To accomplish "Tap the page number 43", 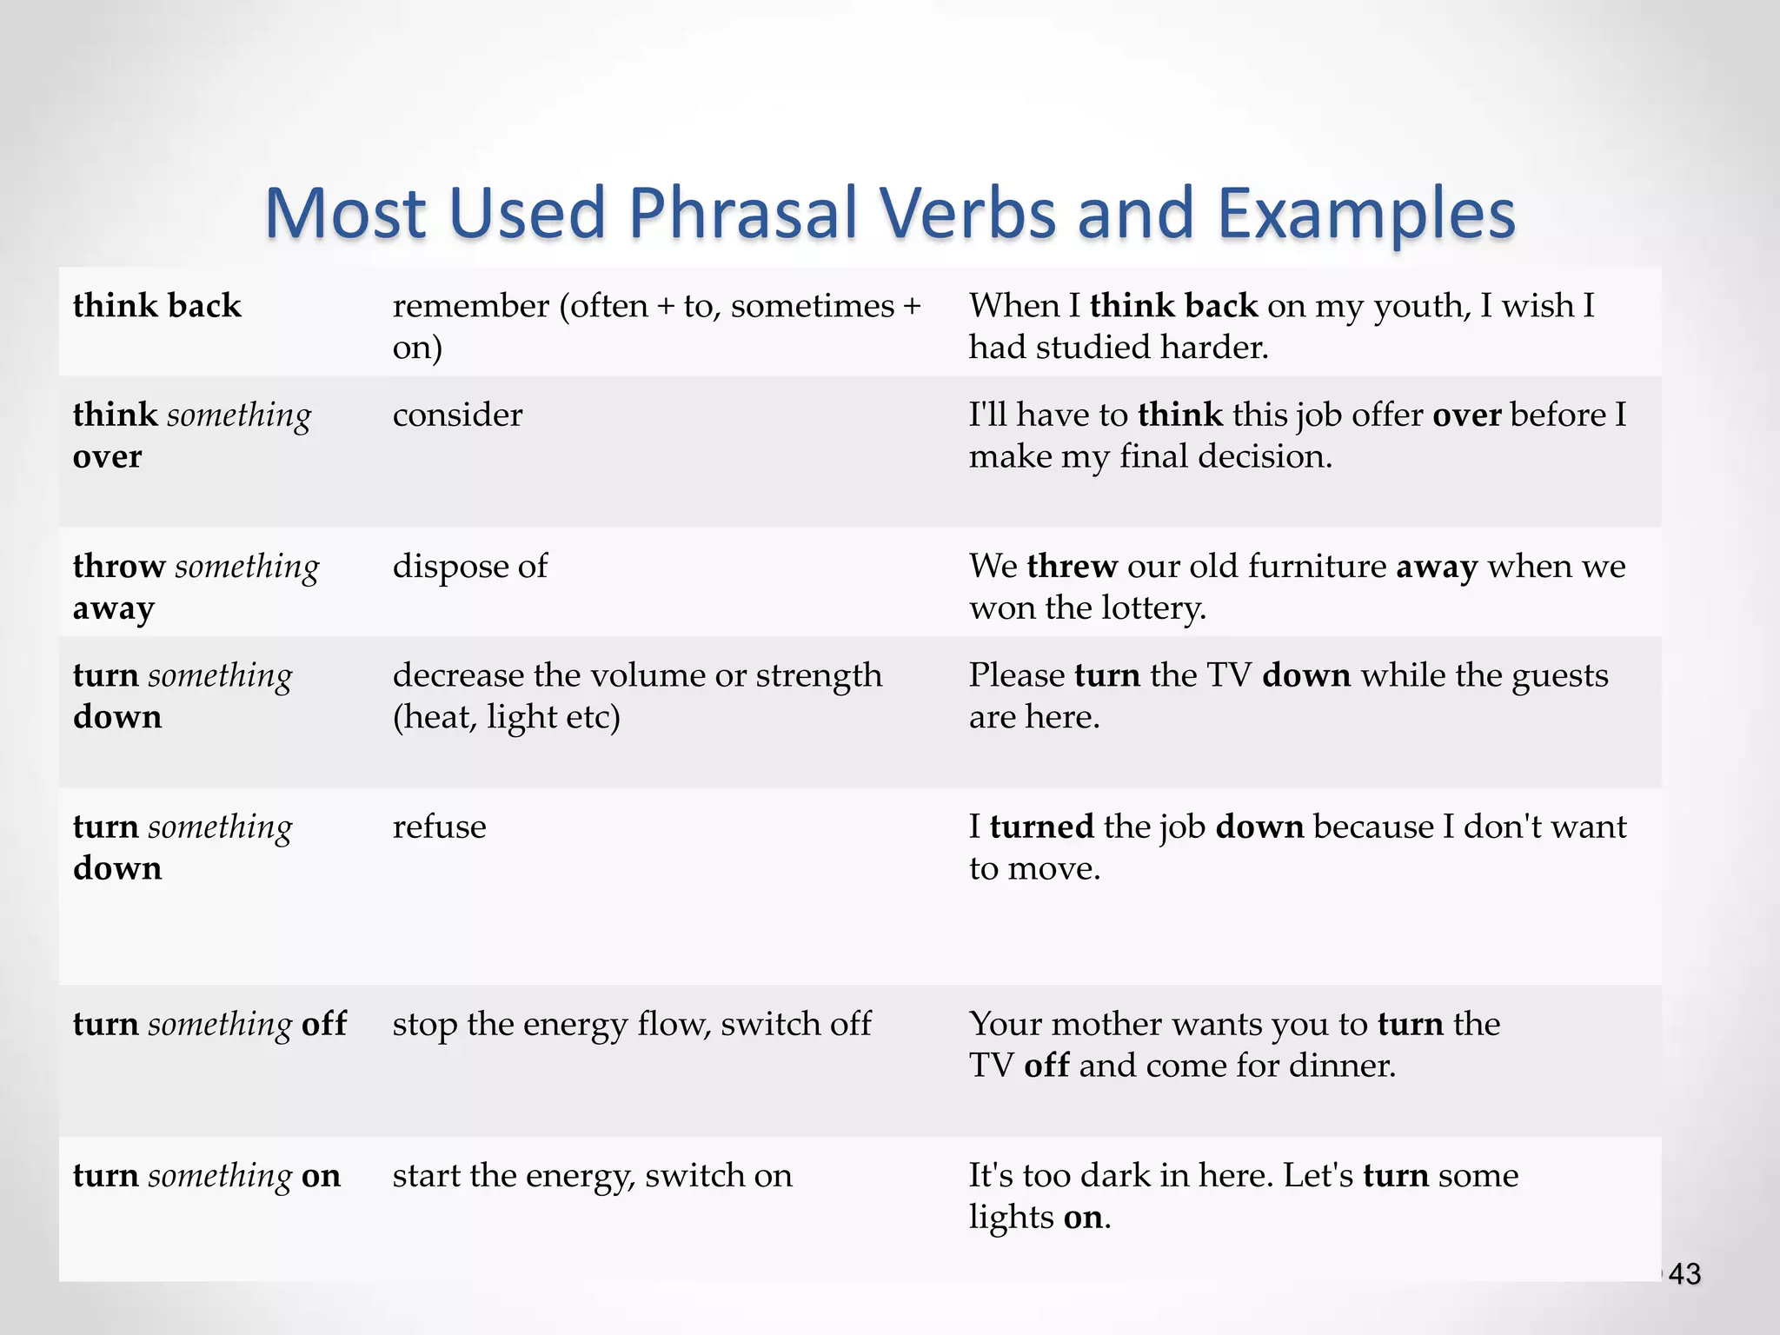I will click(1684, 1274).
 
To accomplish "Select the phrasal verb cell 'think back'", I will click(157, 306).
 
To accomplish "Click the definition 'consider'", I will click(457, 415).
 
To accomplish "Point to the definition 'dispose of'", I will click(470, 567).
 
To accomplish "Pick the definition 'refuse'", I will click(439, 827).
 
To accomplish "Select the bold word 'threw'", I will click(1072, 567).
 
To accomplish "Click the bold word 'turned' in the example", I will click(1041, 827).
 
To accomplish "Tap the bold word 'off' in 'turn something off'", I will click(324, 1024).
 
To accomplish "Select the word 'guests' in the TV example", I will click(1560, 676).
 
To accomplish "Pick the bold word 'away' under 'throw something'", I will click(114, 608).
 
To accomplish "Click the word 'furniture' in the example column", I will click(1318, 567).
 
